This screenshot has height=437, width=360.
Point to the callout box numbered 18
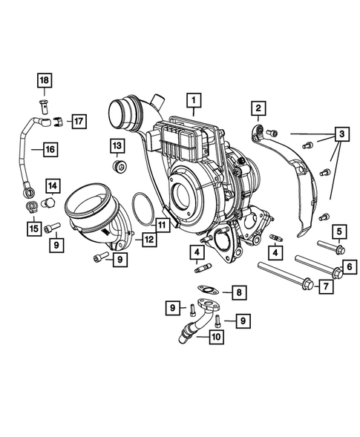[x=43, y=80]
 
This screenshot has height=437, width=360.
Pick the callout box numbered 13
[x=117, y=144]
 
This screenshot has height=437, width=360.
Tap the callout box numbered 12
[x=149, y=240]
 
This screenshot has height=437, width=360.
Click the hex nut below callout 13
[x=117, y=165]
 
